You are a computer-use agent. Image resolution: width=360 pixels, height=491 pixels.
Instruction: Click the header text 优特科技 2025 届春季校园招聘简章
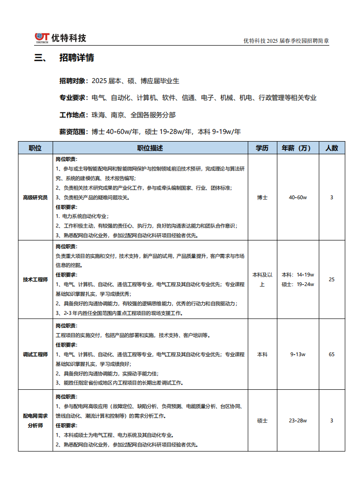tap(286, 41)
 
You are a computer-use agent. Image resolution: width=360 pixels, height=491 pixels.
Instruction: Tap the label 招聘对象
tap(73, 81)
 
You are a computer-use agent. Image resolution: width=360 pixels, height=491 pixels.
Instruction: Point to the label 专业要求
tap(73, 98)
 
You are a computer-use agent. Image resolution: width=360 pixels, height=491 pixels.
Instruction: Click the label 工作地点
tap(73, 115)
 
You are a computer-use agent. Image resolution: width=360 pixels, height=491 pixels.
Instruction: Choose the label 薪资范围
tap(73, 132)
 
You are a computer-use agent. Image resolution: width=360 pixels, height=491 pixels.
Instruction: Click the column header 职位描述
tap(150, 148)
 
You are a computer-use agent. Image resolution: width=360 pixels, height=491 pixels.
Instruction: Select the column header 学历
tap(262, 148)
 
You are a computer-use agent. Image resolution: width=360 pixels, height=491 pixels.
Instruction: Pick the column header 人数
tap(332, 148)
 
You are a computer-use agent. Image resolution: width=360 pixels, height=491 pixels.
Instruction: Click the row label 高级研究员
tap(36, 197)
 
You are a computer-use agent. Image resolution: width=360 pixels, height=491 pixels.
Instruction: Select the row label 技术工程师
tap(36, 279)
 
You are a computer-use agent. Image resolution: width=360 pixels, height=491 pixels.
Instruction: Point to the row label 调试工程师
tap(36, 354)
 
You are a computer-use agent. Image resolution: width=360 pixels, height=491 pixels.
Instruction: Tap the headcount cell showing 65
tap(332, 354)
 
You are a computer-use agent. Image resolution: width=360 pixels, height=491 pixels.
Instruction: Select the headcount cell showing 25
tap(332, 279)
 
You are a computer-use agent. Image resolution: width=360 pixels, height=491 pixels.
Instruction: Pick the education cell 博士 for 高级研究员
tap(262, 197)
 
